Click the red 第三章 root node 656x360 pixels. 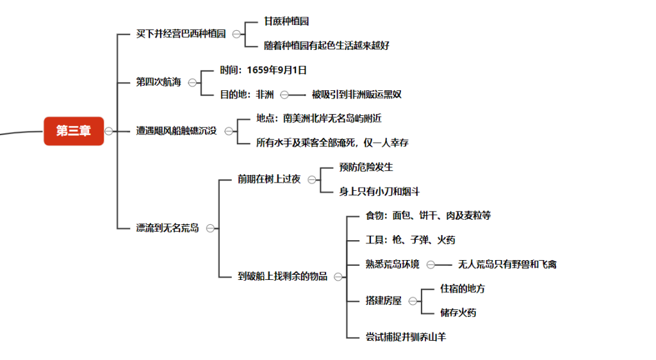click(74, 131)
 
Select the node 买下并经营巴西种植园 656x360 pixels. click(181, 34)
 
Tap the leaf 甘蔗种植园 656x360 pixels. click(286, 21)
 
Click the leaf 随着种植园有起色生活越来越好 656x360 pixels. click(327, 45)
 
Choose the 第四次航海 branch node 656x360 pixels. click(159, 82)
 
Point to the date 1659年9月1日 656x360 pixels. click(277, 70)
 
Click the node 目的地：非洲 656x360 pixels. click(247, 95)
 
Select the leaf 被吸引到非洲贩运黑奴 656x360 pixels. click(356, 95)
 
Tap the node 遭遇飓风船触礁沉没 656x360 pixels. click(176, 131)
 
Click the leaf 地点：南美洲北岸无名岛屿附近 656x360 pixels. click(319, 119)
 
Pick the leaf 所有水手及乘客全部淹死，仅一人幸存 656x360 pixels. click(332, 143)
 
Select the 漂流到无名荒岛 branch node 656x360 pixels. click(167, 228)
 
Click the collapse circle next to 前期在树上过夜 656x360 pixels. click(312, 180)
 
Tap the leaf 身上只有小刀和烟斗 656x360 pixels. click(379, 192)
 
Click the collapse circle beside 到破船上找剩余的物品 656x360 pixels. click(338, 277)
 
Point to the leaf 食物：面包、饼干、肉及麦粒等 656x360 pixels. click(428, 216)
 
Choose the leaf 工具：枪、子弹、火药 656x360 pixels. click(410, 240)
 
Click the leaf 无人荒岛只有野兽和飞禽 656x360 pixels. click(507, 265)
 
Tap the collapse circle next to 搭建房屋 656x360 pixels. click(413, 301)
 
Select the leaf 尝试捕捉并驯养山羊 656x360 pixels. click(406, 337)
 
